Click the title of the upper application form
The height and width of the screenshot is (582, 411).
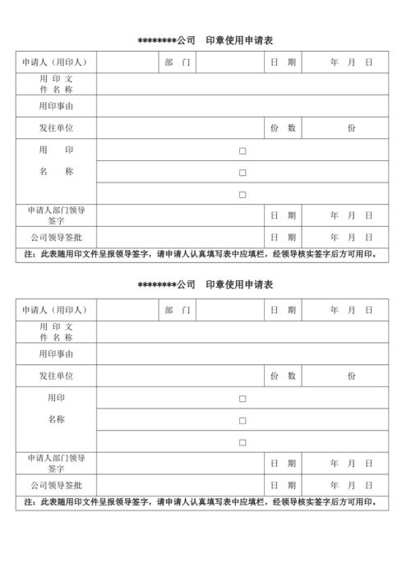pos(205,39)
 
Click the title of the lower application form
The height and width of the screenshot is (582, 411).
pos(205,284)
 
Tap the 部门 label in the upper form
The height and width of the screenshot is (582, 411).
pos(177,62)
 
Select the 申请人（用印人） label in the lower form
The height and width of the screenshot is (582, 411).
pos(56,310)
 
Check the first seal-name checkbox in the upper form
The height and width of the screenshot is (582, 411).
pos(242,150)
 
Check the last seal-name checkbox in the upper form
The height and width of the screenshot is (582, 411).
pos(242,194)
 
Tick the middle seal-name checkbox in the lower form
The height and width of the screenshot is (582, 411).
pos(242,420)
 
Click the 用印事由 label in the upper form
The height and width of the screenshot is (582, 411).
pos(56,106)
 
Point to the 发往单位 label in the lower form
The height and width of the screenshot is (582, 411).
pos(56,376)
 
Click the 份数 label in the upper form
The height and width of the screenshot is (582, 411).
pos(283,128)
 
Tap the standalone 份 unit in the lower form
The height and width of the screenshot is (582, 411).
pos(351,376)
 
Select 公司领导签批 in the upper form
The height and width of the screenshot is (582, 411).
pos(56,238)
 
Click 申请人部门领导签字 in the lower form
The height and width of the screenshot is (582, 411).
pos(56,463)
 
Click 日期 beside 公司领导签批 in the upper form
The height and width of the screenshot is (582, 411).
pos(283,238)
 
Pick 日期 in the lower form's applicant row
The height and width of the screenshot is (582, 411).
pos(283,310)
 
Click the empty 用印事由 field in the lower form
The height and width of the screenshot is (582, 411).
pos(242,353)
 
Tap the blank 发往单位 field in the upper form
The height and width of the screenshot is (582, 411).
pos(180,128)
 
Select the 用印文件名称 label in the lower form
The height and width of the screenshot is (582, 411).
pos(56,331)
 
